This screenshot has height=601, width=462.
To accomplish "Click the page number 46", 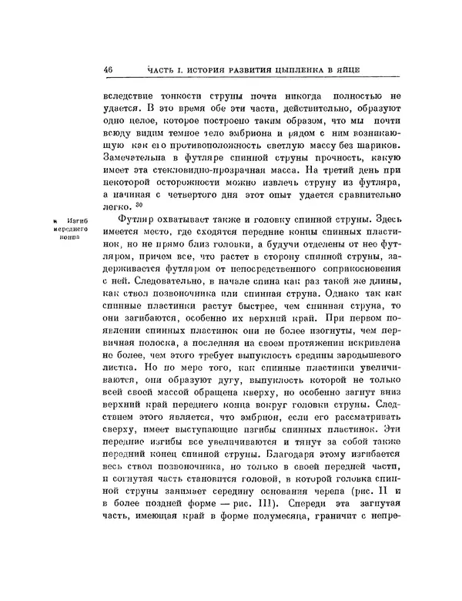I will (108, 72).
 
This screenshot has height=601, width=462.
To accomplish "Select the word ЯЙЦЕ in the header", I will (363, 72).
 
